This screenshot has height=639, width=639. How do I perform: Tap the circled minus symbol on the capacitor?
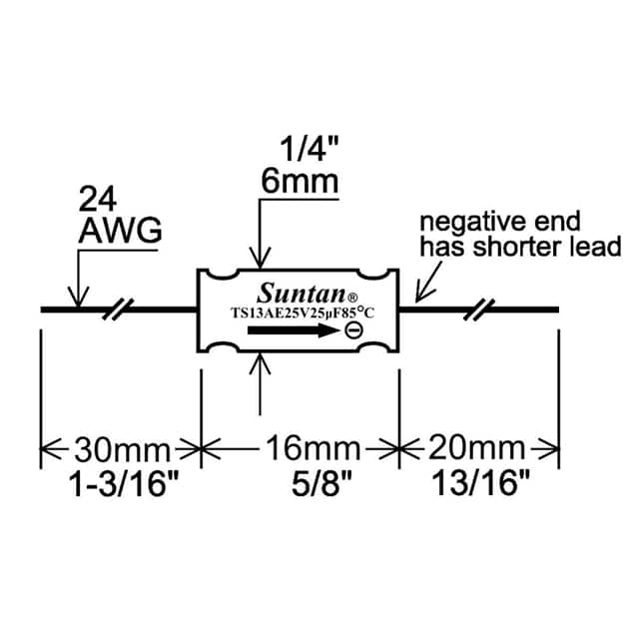pyautogui.click(x=352, y=331)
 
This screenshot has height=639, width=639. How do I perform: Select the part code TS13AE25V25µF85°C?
pyautogui.click(x=300, y=314)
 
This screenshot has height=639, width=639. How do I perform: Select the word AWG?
pyautogui.click(x=119, y=233)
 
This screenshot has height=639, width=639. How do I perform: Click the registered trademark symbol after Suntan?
pyautogui.click(x=351, y=297)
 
